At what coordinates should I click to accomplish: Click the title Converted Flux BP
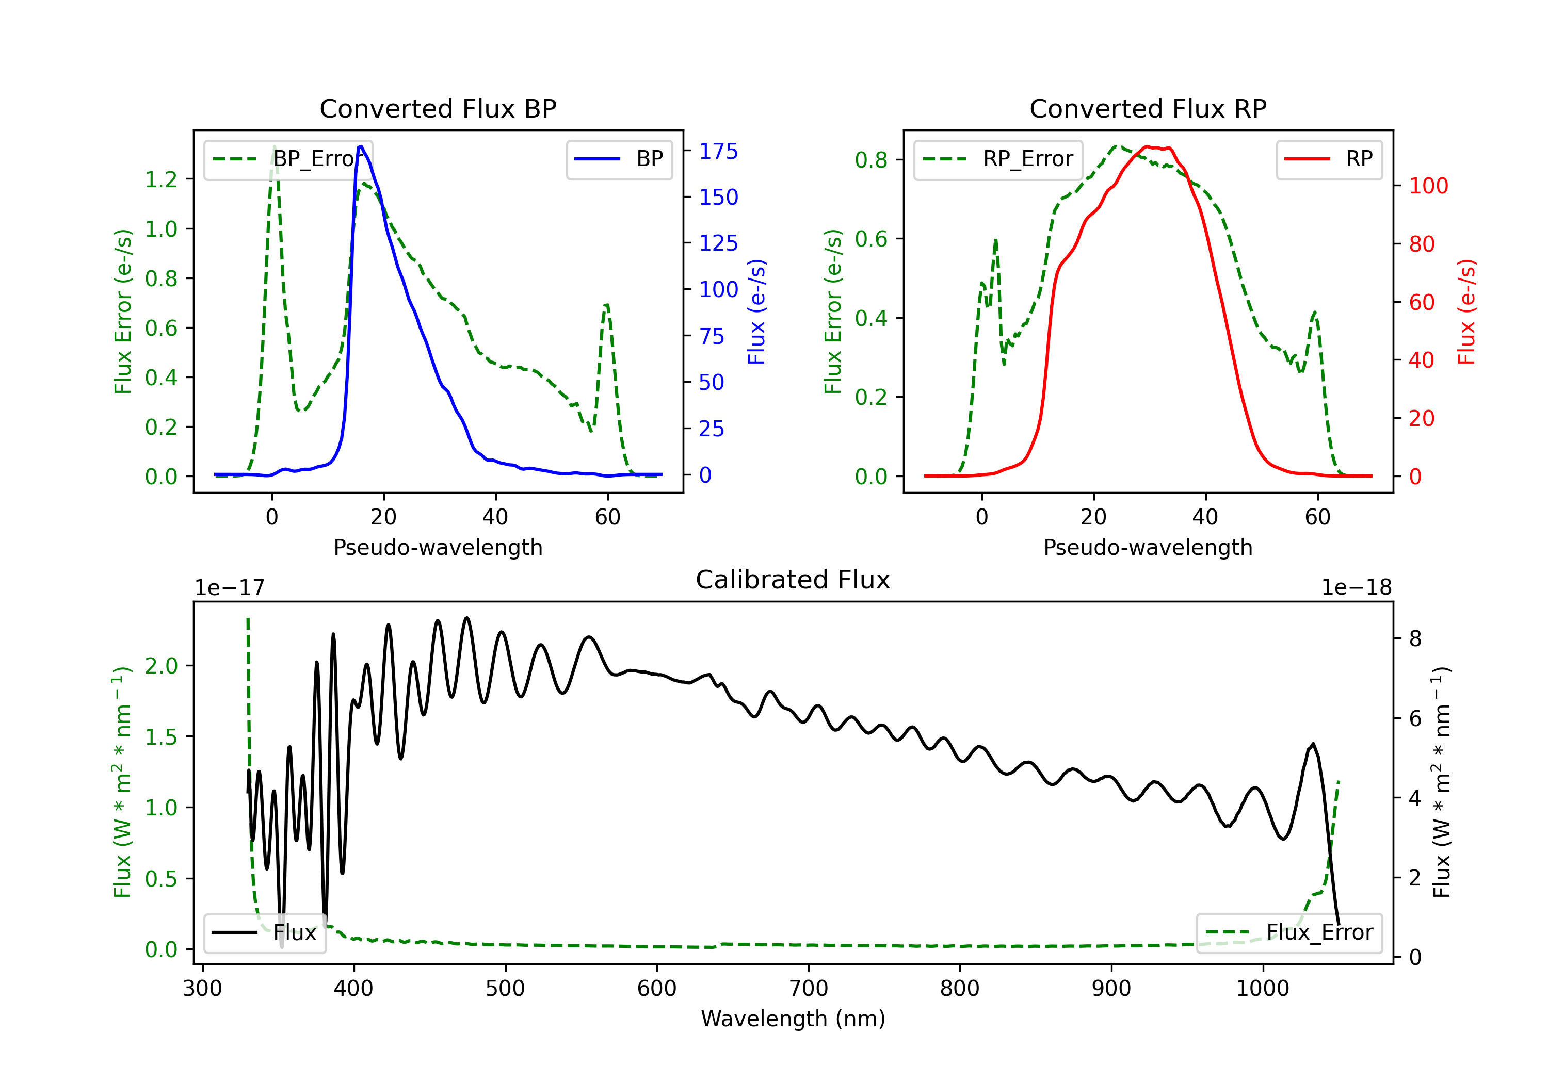[438, 108]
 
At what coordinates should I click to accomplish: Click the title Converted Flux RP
[1148, 108]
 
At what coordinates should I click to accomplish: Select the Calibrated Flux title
[793, 580]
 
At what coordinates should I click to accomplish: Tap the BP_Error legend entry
[288, 159]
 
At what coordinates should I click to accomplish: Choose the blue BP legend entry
[619, 159]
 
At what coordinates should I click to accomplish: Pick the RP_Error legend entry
[998, 159]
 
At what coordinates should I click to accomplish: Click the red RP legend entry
[1329, 159]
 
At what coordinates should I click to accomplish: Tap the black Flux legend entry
[264, 933]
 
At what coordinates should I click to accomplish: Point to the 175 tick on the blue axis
[718, 151]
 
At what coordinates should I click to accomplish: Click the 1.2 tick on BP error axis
[161, 179]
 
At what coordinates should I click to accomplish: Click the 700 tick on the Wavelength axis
[809, 989]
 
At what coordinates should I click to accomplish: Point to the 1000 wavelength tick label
[1263, 989]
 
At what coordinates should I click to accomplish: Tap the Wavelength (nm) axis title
[793, 1019]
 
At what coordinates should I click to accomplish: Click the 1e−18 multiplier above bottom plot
[1357, 588]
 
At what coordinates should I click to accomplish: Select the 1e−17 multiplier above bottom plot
[230, 588]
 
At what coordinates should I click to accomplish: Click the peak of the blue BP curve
[361, 146]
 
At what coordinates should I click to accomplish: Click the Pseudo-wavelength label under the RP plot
[1148, 547]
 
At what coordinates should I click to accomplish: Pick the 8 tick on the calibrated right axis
[1415, 638]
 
